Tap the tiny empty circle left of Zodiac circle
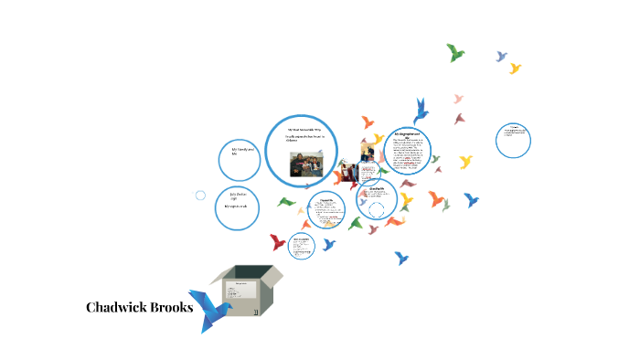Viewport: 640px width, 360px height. coord(201,195)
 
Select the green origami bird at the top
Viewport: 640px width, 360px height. coord(455,52)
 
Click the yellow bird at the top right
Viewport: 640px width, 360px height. coord(515,68)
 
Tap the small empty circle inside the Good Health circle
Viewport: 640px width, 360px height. coord(377,209)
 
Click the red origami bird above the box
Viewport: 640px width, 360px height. coord(278,242)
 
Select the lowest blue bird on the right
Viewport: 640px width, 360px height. coord(400,259)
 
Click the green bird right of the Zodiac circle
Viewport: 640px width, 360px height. coord(286,201)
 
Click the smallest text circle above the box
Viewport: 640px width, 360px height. coord(302,245)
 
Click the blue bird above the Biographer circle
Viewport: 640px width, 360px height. coord(421,110)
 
